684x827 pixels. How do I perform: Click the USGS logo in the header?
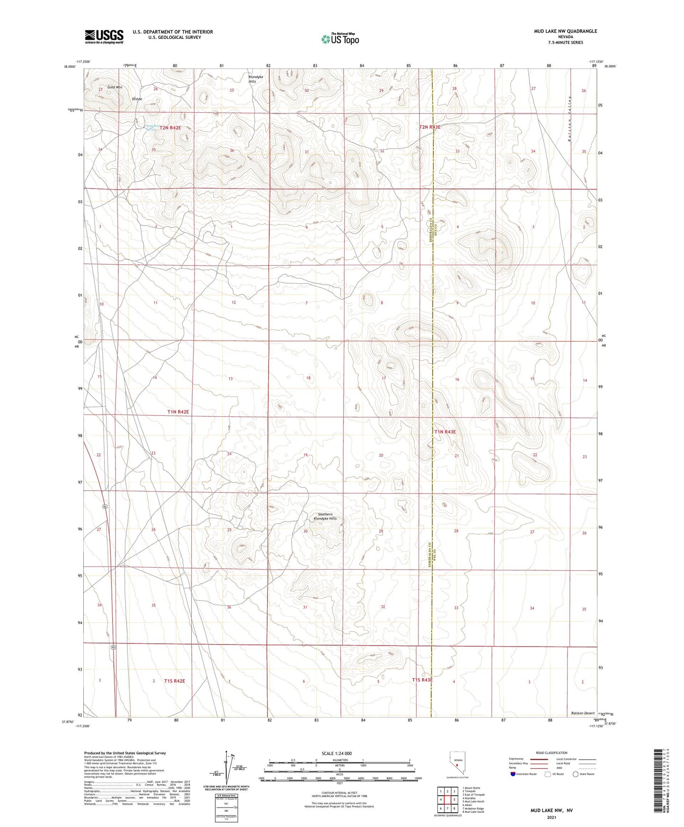104,36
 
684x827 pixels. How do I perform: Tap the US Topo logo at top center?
339,39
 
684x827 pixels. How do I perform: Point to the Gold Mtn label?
114,87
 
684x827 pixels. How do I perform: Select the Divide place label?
137,99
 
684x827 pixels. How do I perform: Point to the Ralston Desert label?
582,713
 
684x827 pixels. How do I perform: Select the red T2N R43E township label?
430,127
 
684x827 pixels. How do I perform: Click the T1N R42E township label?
178,412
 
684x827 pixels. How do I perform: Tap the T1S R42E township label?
175,681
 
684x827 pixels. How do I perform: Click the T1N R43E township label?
445,431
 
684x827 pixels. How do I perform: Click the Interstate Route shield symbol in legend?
513,774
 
